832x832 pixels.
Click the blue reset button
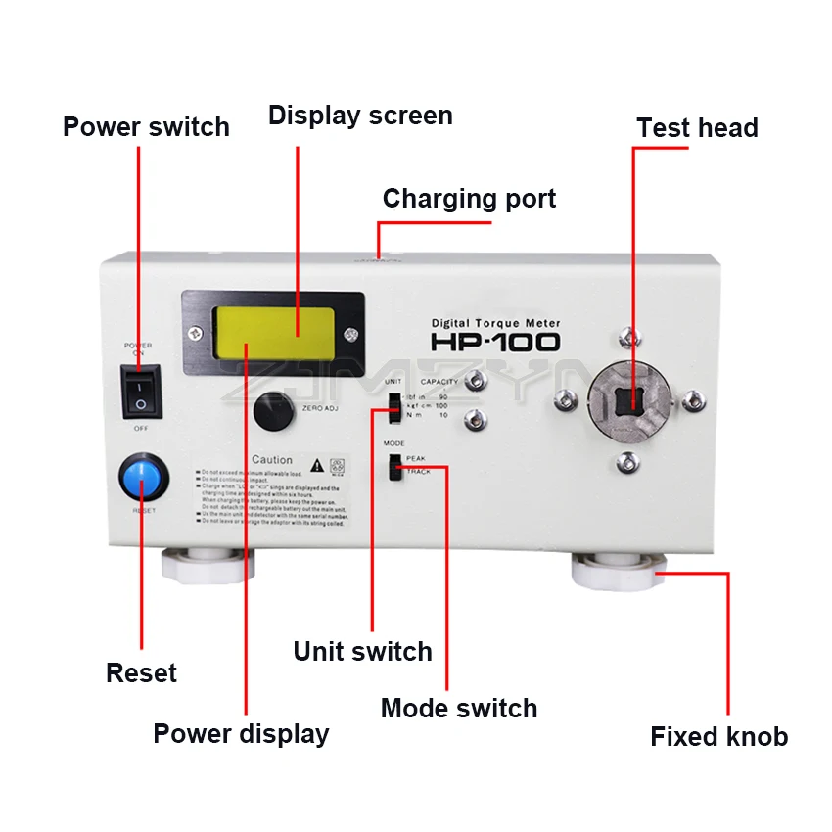(143, 480)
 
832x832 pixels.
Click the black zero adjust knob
(273, 411)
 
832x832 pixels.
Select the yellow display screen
(273, 331)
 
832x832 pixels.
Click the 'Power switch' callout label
(146, 127)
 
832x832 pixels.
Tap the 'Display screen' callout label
(360, 116)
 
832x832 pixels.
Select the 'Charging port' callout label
(469, 199)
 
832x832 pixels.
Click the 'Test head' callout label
(697, 128)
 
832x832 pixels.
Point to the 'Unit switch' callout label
(362, 652)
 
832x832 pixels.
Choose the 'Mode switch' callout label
(458, 709)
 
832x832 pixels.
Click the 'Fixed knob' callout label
(718, 737)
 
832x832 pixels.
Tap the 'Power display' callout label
(241, 734)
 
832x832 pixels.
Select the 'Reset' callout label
(141, 673)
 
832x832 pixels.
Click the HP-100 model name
(495, 342)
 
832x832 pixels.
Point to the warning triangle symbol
(317, 464)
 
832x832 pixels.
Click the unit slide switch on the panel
(393, 406)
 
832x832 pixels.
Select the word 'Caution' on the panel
(271, 460)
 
